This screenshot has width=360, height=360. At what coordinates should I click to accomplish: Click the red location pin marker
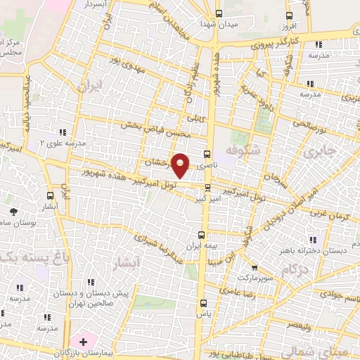(181, 165)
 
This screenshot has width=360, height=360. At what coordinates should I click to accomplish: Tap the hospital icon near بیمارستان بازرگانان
(84, 342)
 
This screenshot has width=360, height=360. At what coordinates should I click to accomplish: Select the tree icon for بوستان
(13, 211)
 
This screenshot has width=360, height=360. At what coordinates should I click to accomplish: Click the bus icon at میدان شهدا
(218, 14)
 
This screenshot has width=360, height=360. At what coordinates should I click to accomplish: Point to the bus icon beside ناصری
(207, 155)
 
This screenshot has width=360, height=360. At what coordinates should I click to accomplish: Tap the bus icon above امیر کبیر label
(207, 187)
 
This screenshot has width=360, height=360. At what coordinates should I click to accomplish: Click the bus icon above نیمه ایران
(202, 236)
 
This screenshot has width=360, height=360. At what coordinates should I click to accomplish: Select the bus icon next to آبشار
(49, 195)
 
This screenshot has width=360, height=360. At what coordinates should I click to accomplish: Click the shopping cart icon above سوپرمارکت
(255, 268)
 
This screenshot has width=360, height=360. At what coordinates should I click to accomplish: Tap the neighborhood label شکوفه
(245, 150)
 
